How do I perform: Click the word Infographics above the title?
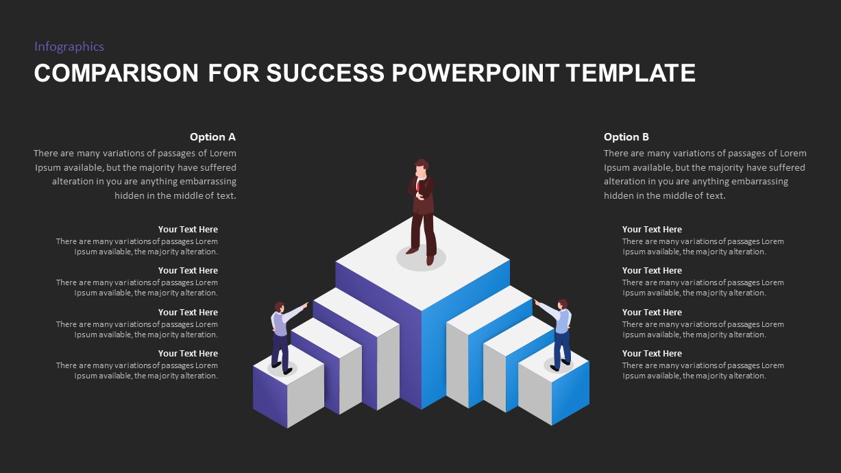coord(69,47)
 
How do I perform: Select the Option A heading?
coord(212,137)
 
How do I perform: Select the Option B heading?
coord(626,137)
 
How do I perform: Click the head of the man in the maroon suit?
coord(422,167)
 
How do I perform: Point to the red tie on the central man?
coord(419,186)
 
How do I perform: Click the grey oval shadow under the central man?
coord(421,258)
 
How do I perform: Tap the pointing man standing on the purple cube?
coord(280,335)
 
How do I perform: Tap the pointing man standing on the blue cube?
coord(561,332)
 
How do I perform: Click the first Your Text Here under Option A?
coord(188,230)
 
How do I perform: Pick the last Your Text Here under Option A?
coord(188,354)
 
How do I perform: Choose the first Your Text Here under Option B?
coord(652,230)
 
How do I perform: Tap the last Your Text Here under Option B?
coord(652,354)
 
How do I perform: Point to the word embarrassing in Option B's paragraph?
coord(759,182)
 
